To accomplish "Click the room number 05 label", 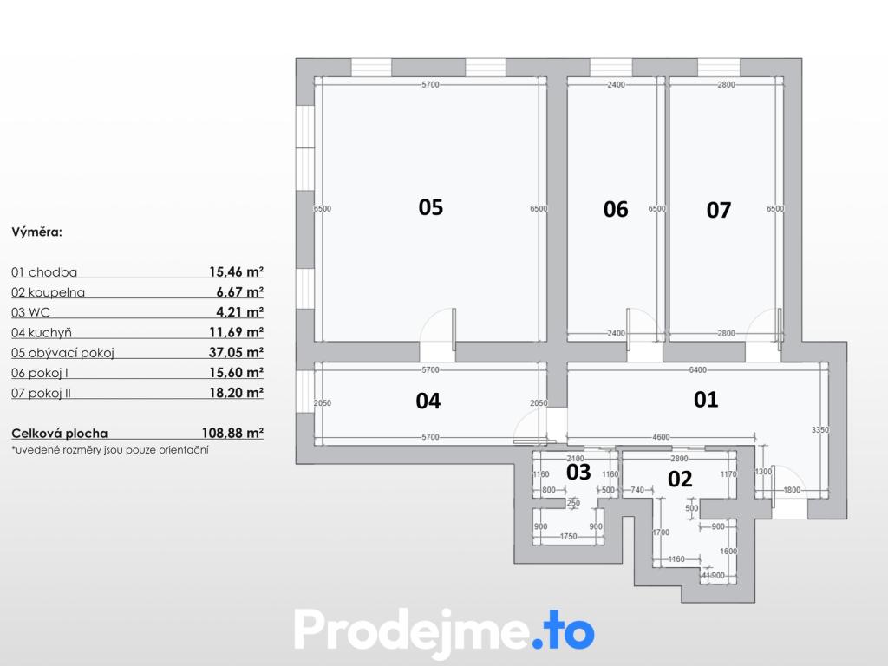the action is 430,207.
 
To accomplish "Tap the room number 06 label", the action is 616,210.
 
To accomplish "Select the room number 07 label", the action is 719,210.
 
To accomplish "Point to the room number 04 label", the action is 428,401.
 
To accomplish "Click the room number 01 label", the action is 706,400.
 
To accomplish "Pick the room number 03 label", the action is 578,473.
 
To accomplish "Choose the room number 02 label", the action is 680,479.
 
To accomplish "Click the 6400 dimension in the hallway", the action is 698,369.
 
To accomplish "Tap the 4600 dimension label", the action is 661,437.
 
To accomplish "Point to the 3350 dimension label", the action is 820,430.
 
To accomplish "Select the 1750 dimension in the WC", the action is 568,536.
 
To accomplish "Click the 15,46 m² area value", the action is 236,271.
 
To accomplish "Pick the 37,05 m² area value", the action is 236,352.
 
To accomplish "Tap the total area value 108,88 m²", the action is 232,434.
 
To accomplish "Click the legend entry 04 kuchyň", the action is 42,333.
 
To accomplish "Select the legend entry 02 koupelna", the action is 49,292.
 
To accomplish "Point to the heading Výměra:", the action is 36,232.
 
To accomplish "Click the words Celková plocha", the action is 60,434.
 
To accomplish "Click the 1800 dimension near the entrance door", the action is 792,490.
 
